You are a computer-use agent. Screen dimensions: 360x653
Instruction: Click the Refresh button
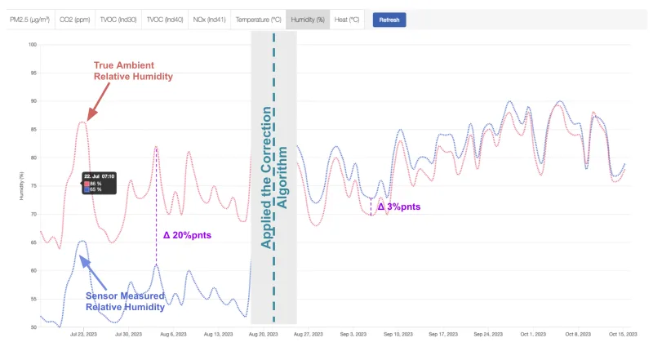pyautogui.click(x=389, y=20)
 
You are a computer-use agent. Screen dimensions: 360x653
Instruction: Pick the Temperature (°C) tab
pyautogui.click(x=259, y=20)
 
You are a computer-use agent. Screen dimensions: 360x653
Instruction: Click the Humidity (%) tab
pyautogui.click(x=309, y=20)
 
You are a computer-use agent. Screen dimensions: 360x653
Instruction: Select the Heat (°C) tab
pyautogui.click(x=347, y=20)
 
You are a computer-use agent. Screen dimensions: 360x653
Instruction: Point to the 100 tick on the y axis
pyautogui.click(x=33, y=44)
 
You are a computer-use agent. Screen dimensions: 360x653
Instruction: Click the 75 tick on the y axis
pyautogui.click(x=33, y=185)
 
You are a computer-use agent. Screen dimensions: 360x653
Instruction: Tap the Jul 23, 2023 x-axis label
pyautogui.click(x=84, y=334)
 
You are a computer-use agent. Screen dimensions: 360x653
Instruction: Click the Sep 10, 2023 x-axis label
pyautogui.click(x=397, y=334)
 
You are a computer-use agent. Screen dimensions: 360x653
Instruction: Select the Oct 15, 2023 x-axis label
pyautogui.click(x=621, y=334)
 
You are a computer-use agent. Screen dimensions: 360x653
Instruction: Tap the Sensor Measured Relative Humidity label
pyautogui.click(x=125, y=300)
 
